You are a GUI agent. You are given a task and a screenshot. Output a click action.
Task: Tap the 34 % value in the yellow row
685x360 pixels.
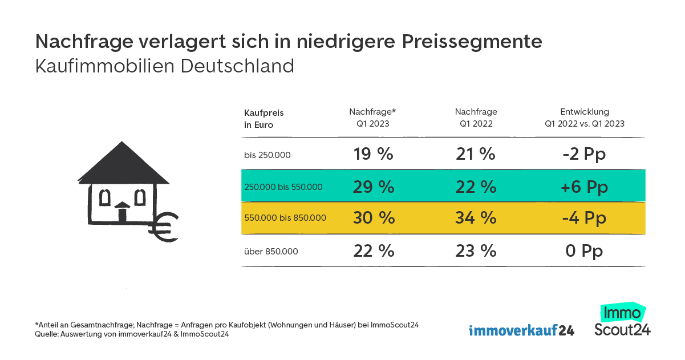(475, 218)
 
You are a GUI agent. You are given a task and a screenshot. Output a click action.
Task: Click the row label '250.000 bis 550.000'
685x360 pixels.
(283, 187)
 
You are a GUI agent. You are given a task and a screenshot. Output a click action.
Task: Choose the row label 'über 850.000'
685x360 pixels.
(271, 251)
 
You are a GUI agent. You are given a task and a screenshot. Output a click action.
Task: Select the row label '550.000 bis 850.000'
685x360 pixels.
(285, 218)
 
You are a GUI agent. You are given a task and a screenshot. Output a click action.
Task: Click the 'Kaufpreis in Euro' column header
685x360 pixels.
(264, 119)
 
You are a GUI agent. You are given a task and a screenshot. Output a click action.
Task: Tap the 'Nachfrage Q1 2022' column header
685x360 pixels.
(475, 118)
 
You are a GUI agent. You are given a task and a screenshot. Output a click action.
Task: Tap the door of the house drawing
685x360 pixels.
(122, 214)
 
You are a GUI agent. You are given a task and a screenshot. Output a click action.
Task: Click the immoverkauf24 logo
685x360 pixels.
(521, 330)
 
